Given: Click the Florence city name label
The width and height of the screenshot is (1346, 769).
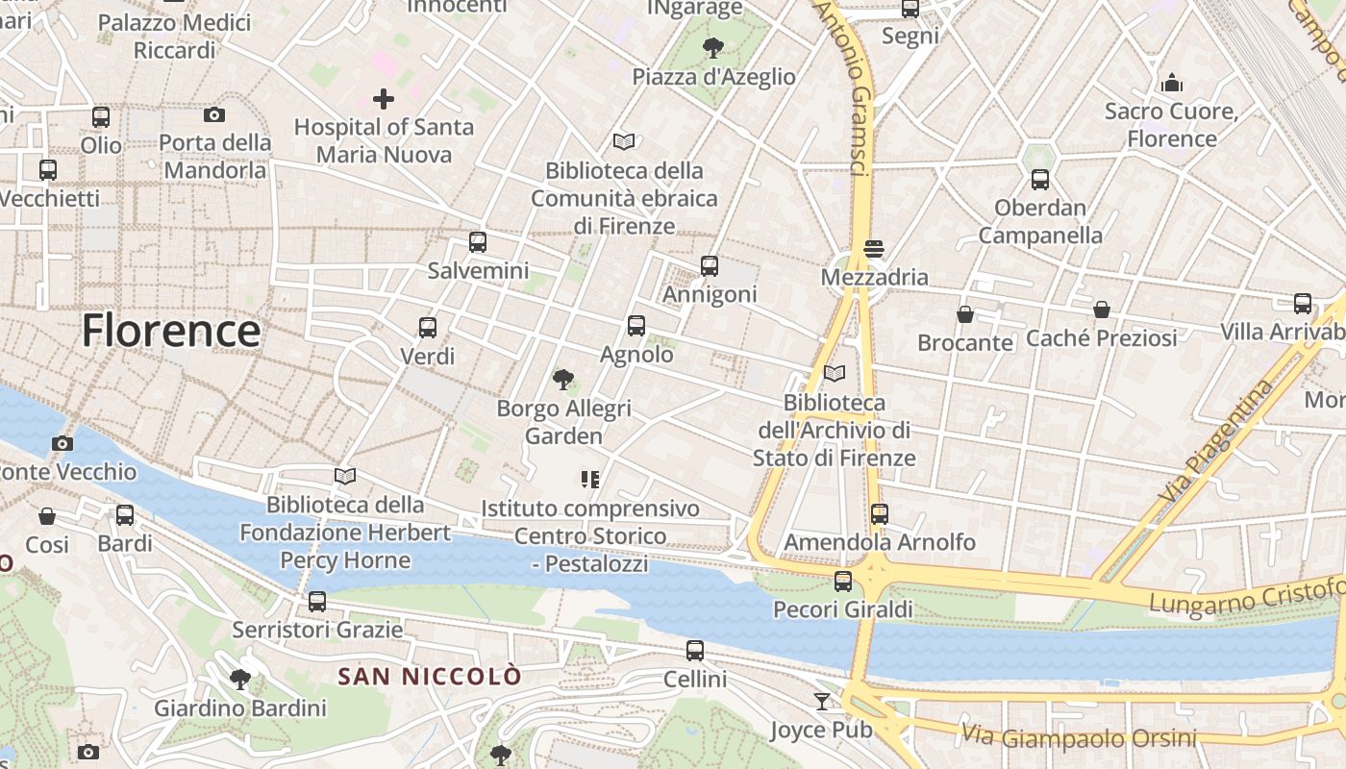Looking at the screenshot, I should tap(171, 332).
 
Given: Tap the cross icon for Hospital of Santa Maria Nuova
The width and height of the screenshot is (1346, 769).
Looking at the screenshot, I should tap(384, 99).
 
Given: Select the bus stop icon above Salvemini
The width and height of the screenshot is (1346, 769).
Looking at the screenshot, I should tap(478, 242).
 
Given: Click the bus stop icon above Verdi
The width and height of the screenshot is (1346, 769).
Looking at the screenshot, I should tap(428, 328).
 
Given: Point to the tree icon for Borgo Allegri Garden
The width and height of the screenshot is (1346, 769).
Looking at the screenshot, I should tap(563, 380).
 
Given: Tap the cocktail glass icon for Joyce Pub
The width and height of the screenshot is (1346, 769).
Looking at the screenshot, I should tap(822, 702).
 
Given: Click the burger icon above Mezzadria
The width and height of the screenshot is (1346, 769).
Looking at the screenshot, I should tap(874, 249).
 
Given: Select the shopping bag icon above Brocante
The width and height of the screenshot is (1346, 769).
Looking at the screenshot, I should tap(965, 314).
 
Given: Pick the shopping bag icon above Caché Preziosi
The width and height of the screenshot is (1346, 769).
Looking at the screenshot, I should tap(1102, 310).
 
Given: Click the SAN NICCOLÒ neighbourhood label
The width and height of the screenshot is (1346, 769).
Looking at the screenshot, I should tap(430, 677).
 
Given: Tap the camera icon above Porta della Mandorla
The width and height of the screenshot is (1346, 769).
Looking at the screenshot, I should tap(214, 115).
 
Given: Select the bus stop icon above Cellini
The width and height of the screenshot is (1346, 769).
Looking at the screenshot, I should tap(695, 651).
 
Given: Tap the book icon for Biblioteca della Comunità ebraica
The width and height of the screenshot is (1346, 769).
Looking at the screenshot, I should tap(624, 142).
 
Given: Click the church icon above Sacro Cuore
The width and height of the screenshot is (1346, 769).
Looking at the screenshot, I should tap(1171, 83).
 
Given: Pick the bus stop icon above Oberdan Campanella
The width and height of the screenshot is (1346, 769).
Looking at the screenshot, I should tap(1040, 180).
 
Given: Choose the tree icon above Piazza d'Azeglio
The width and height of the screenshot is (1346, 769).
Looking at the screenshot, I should tap(713, 47).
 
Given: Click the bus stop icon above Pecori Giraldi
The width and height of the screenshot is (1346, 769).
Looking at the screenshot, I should tap(843, 582).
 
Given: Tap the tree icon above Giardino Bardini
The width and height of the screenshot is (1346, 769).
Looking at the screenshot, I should tap(240, 681).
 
